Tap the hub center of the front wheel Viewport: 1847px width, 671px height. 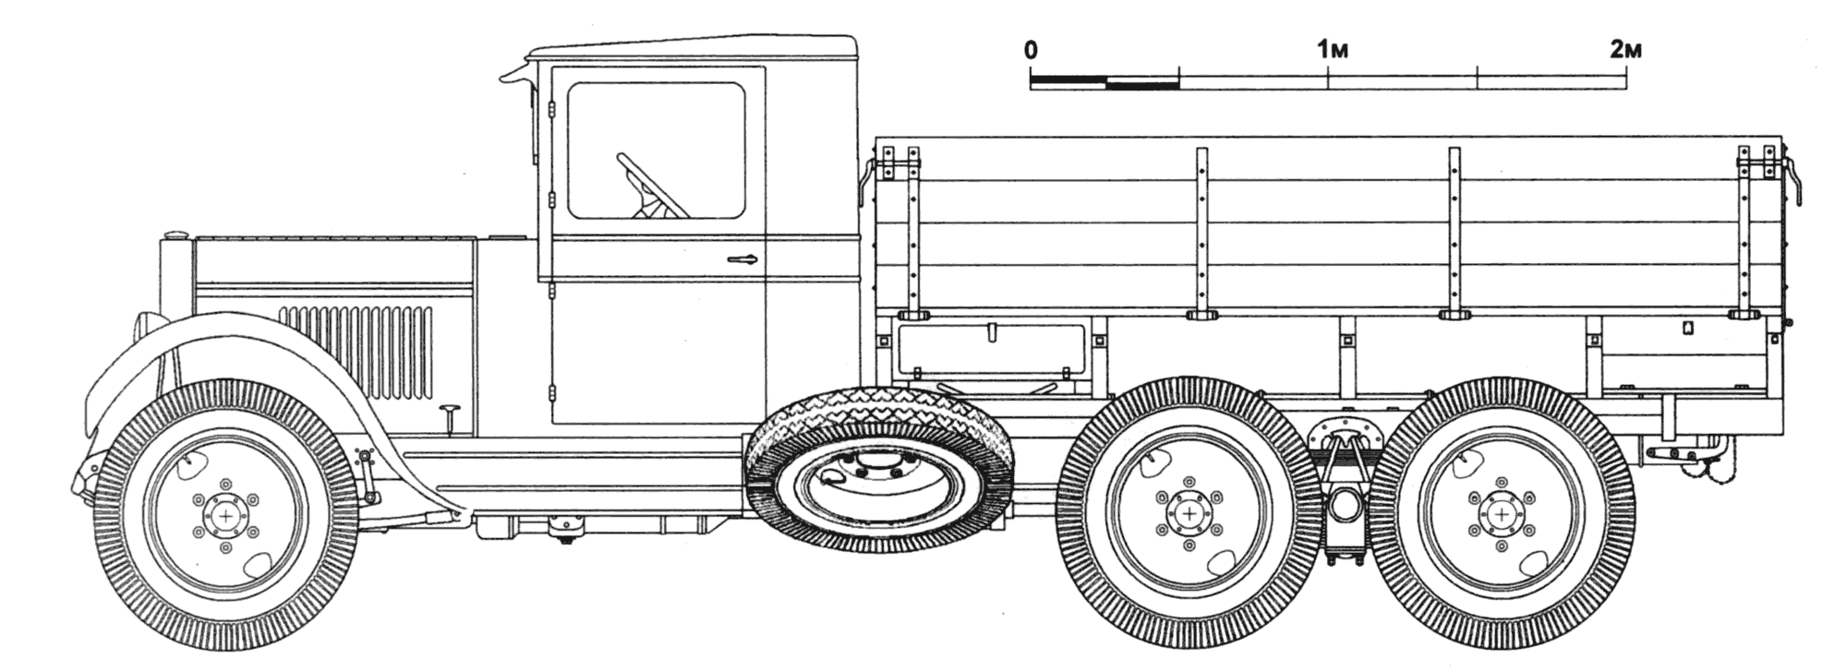pos(225,514)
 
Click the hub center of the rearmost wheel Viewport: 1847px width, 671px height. pos(1503,513)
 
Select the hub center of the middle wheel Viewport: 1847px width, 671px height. pos(1189,513)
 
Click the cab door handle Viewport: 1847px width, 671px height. pos(743,259)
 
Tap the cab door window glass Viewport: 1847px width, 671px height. pos(656,150)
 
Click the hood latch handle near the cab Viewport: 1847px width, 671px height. pos(452,415)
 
